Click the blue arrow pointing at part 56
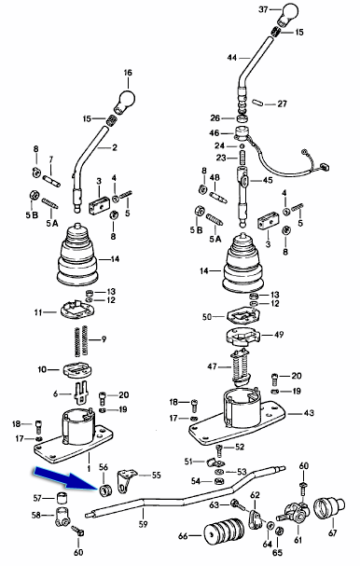click(x=66, y=479)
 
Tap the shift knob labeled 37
click(x=289, y=13)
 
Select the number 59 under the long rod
click(x=144, y=523)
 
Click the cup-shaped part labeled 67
click(x=329, y=508)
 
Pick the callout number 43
click(x=309, y=412)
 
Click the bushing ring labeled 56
click(x=106, y=490)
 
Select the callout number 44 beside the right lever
click(x=232, y=58)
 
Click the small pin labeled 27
click(x=257, y=103)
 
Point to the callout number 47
click(x=212, y=366)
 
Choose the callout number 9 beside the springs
click(x=104, y=339)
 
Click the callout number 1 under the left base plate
click(x=89, y=459)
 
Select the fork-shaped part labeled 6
click(x=82, y=393)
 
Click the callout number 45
click(x=268, y=180)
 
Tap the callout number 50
click(x=207, y=317)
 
